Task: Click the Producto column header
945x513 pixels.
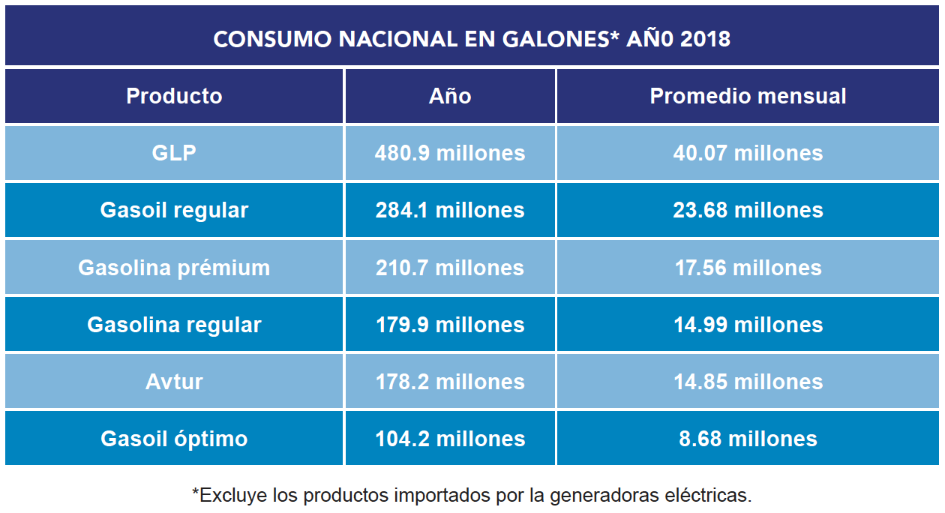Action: click(174, 96)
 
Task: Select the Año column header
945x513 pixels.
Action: click(450, 96)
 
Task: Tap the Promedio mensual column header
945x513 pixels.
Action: click(748, 96)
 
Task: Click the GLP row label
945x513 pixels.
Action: click(174, 153)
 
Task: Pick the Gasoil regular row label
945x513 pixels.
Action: click(174, 210)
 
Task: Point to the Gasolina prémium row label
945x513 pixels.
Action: click(174, 268)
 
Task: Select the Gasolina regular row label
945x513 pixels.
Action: click(174, 325)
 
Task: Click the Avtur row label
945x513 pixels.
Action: click(174, 382)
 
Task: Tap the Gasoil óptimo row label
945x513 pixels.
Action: click(174, 439)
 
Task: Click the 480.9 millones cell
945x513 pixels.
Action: click(450, 153)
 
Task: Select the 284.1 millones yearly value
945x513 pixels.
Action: click(450, 210)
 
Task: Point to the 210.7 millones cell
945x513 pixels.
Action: click(450, 268)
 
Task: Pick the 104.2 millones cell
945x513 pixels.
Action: click(450, 439)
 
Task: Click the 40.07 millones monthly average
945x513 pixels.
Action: click(748, 153)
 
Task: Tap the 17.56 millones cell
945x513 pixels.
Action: click(748, 268)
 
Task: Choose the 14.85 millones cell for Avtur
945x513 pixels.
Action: click(748, 382)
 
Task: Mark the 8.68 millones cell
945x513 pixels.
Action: click(748, 439)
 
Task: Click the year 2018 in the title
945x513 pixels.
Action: click(705, 39)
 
